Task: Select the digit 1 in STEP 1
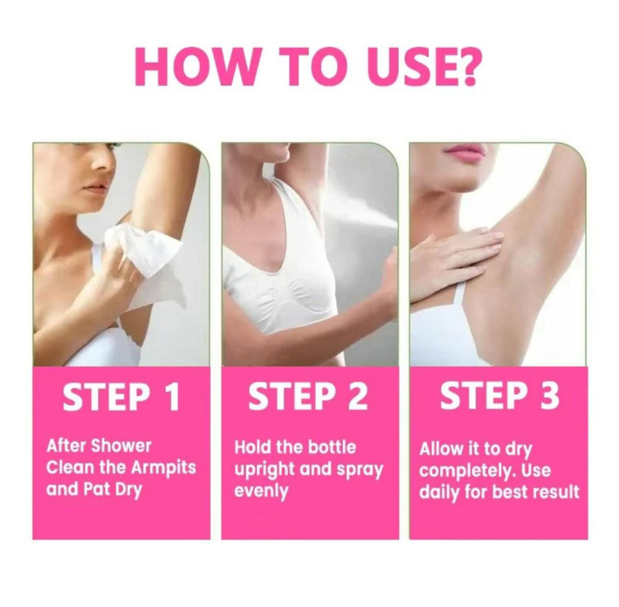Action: tap(172, 396)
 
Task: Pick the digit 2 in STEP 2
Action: tap(357, 396)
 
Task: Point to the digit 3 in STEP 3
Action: tap(549, 395)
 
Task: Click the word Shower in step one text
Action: tap(121, 446)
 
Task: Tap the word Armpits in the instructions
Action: tap(163, 469)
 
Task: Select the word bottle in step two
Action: tap(332, 447)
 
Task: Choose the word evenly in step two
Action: tap(261, 492)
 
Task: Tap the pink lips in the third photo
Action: tap(464, 151)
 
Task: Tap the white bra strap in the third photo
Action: tap(460, 300)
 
